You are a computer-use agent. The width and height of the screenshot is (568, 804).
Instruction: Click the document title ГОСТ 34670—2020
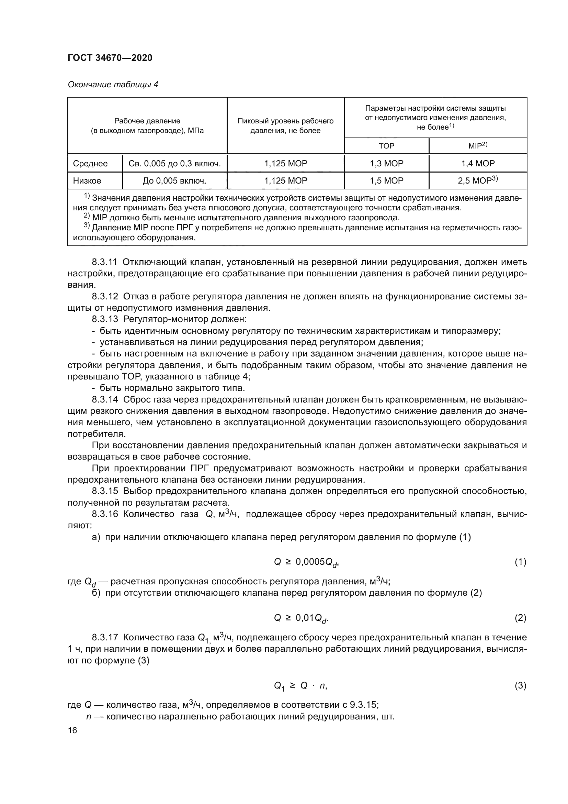[110, 58]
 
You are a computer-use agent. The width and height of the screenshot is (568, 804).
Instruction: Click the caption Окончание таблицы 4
[113, 85]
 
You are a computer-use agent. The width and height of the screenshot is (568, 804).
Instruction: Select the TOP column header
[386, 146]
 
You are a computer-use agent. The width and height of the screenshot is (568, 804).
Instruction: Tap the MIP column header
[477, 146]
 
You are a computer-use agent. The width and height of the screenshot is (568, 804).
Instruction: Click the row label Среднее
[90, 164]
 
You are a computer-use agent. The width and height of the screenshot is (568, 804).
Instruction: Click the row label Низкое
[87, 181]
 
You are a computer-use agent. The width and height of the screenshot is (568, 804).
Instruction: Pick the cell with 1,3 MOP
[386, 164]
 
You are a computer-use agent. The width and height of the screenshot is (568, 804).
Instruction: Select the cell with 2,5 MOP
[478, 181]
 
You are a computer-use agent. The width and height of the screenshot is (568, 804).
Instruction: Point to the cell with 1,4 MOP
[478, 164]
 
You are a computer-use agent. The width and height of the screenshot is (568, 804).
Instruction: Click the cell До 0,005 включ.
[174, 181]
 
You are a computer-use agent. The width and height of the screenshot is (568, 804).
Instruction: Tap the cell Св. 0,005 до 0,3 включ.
[174, 164]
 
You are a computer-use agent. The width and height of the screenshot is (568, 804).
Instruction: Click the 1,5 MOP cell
[386, 181]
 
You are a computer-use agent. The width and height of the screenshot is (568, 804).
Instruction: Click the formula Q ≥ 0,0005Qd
[306, 562]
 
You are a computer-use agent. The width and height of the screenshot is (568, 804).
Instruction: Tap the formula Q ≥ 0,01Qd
[301, 618]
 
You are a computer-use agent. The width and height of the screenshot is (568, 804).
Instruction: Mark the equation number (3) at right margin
[520, 685]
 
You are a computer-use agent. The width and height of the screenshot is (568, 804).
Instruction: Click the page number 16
[72, 730]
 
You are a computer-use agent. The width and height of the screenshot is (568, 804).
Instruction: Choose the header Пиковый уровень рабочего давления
[285, 126]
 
